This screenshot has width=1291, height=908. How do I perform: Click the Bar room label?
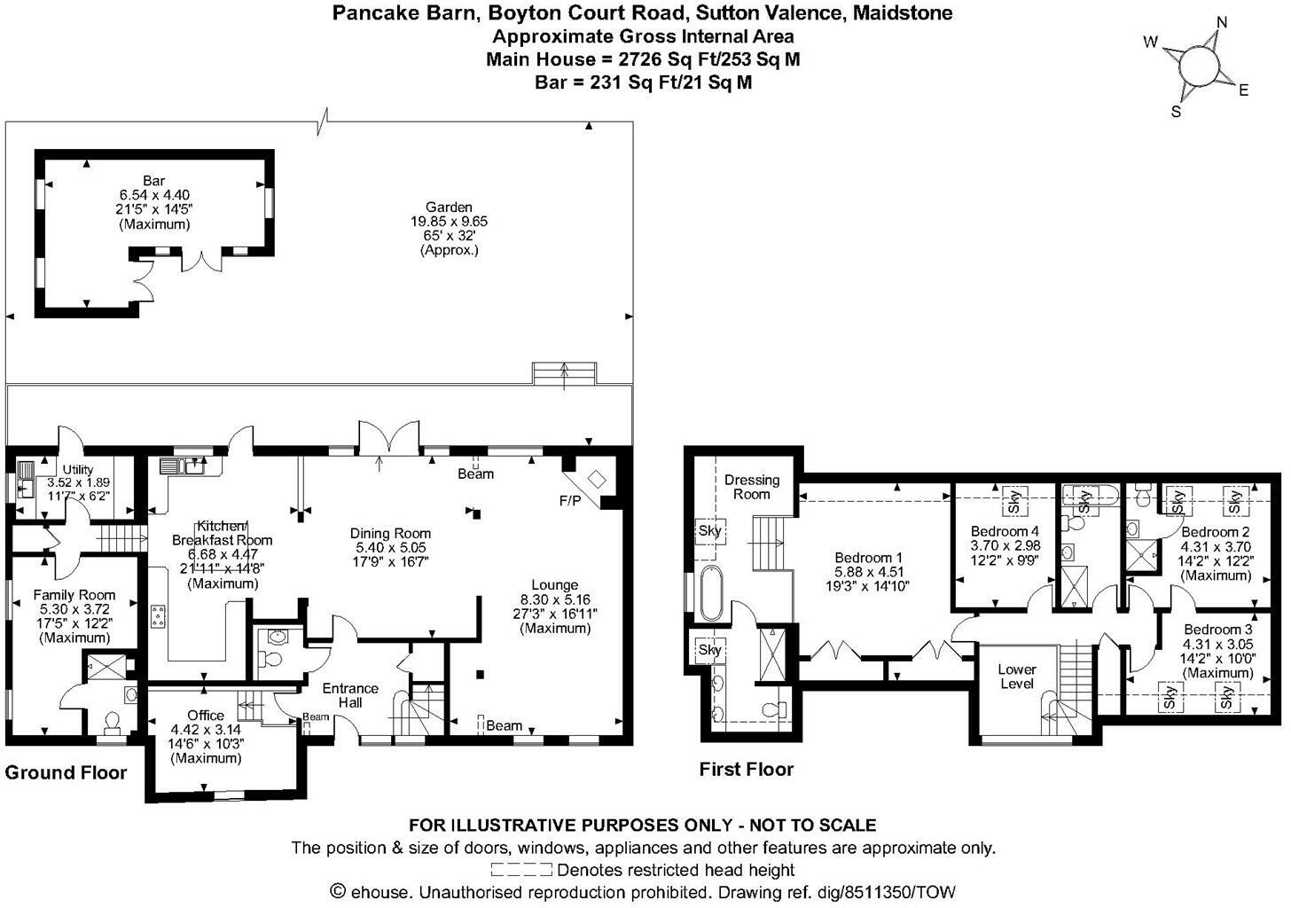click(154, 181)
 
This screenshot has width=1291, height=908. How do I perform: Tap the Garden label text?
click(449, 207)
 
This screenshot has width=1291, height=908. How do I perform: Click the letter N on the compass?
click(1221, 23)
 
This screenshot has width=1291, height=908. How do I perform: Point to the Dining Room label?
click(390, 533)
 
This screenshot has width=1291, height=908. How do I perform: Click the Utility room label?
click(77, 470)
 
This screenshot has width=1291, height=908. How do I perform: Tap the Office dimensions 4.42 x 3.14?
click(206, 730)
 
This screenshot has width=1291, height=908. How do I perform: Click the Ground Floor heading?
click(66, 772)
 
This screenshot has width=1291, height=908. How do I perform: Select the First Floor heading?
click(746, 769)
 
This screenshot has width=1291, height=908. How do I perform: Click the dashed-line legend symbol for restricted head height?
click(521, 870)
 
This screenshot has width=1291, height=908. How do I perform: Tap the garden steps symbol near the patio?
click(564, 373)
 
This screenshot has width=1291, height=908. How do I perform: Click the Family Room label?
click(74, 595)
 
